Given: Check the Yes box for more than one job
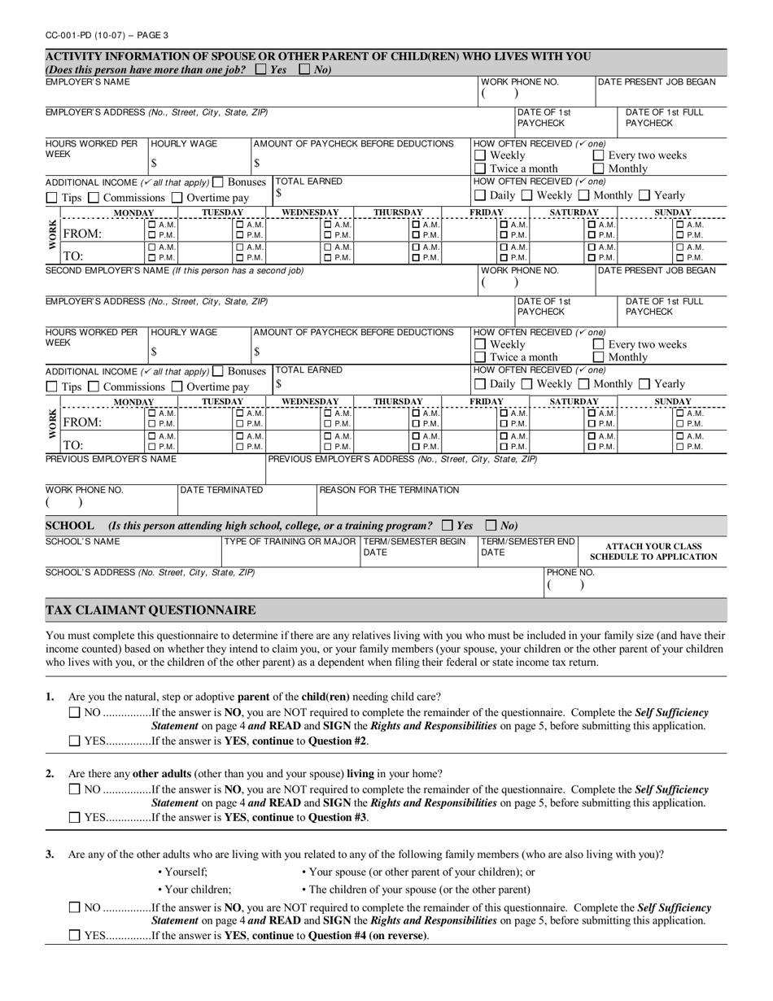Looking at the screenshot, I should coord(260,70).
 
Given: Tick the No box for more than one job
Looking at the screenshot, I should coord(304,70).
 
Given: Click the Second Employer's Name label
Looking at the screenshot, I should coord(174,270).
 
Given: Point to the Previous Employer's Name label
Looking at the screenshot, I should coord(111,459).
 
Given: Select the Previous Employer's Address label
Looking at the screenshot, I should coord(402,459).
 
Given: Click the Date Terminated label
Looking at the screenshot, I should coord(221,490).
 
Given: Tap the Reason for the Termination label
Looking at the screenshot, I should coord(389,490).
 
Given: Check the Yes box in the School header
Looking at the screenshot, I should coord(447,526).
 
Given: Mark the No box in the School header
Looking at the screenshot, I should coord(491,526).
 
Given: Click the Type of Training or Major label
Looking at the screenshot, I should coord(290,542).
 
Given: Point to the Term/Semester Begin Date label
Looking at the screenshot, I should coord(414,547).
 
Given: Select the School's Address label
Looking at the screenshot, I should coord(150,572).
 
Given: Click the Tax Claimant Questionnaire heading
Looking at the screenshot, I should coord(151,610).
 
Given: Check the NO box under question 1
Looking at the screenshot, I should coord(75,712).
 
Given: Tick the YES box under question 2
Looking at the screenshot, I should coord(75,818).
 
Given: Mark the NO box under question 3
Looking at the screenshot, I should coord(75,907).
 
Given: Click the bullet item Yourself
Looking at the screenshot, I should coord(186,872).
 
